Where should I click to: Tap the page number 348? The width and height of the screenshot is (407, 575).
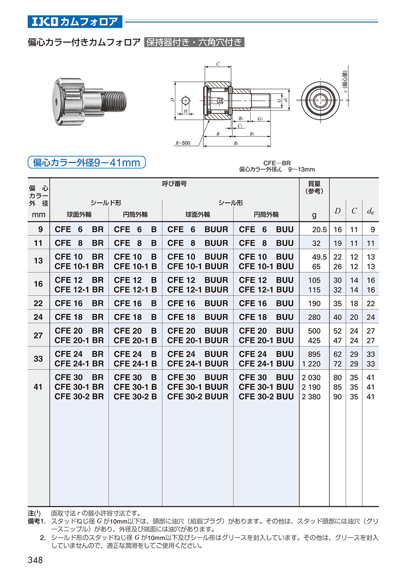35,560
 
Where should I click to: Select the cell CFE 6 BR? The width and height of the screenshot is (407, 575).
79,229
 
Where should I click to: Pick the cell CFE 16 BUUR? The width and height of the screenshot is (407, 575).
198,303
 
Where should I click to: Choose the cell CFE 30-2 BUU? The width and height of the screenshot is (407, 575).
266,397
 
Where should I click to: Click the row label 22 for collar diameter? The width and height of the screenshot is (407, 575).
38,304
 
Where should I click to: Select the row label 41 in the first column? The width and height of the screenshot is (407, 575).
38,387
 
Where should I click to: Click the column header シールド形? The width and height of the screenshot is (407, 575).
106,203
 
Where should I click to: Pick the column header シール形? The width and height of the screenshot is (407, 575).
231,203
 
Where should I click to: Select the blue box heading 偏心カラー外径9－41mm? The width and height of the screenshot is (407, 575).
86,162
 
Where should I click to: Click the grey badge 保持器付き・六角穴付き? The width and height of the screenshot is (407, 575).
194,43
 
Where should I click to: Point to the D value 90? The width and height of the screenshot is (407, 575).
337,397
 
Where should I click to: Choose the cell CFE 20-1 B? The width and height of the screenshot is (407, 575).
135,340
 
